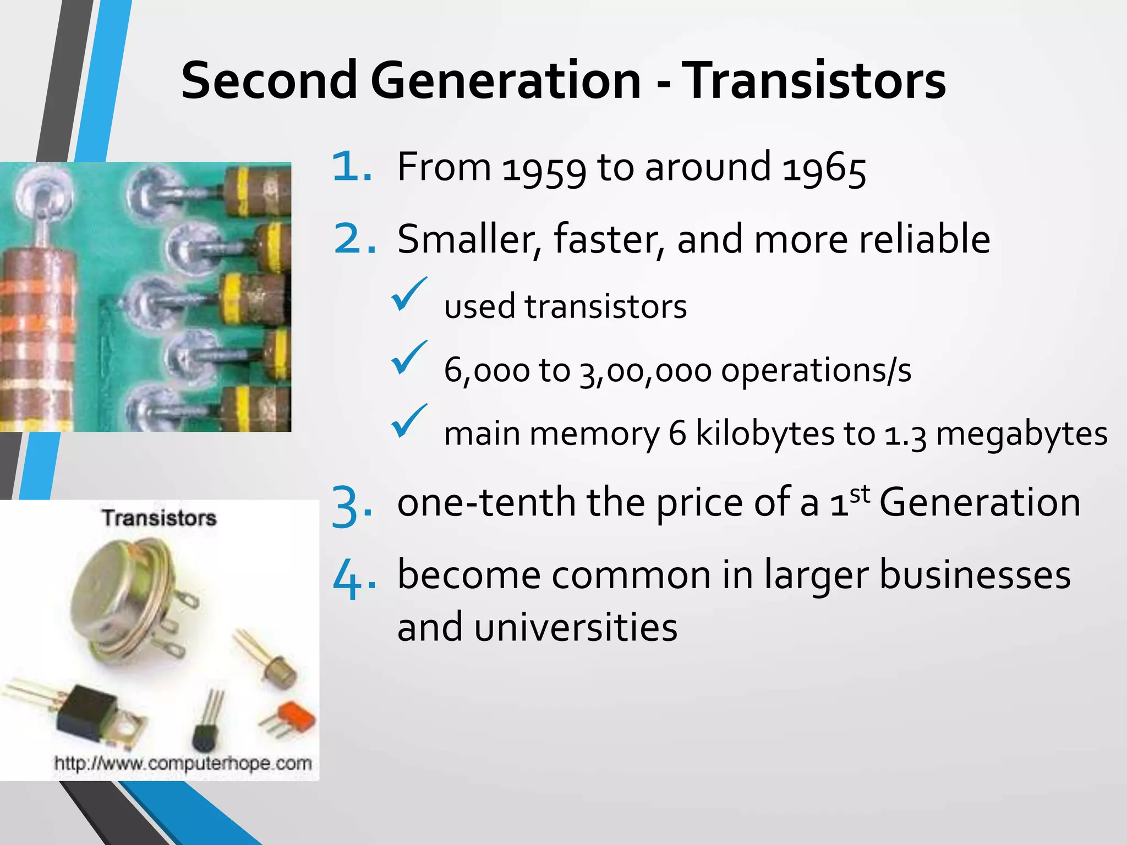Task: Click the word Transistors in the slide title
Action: (816, 81)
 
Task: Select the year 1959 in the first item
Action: (544, 168)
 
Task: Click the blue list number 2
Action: (354, 239)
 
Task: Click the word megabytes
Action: (1021, 434)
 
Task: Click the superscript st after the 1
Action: (860, 493)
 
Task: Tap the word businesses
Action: (975, 575)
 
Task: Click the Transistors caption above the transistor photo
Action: (159, 518)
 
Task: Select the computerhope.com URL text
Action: (183, 764)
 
